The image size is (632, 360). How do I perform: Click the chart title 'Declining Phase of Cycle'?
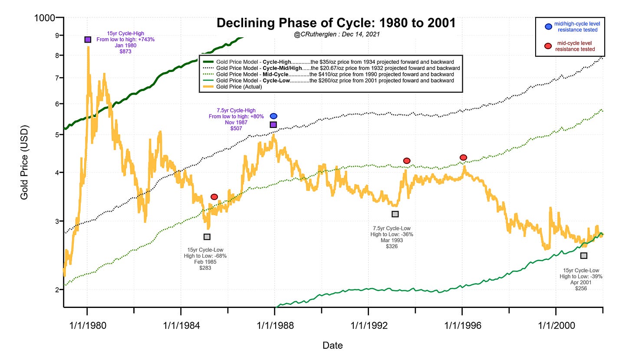pos(336,23)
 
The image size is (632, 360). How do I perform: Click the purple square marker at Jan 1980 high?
pos(88,39)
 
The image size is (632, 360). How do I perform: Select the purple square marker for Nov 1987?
pos(273,125)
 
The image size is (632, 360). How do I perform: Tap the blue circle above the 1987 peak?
pos(273,116)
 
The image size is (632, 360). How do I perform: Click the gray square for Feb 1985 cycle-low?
pos(207,237)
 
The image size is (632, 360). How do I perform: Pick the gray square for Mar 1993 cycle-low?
pos(395,214)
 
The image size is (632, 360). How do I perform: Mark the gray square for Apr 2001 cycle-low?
pos(584,256)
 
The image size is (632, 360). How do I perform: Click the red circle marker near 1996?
pos(463,157)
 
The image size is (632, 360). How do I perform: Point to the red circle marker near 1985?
pos(214,197)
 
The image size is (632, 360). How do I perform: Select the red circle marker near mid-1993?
pos(407,161)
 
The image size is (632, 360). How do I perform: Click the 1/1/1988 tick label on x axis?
pos(275,326)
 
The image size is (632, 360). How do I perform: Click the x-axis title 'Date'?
pos(332,346)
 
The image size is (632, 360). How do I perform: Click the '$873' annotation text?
pos(125,52)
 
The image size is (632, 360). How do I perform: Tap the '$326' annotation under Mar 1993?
pos(392,246)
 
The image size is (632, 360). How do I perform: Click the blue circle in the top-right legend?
pos(548,26)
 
